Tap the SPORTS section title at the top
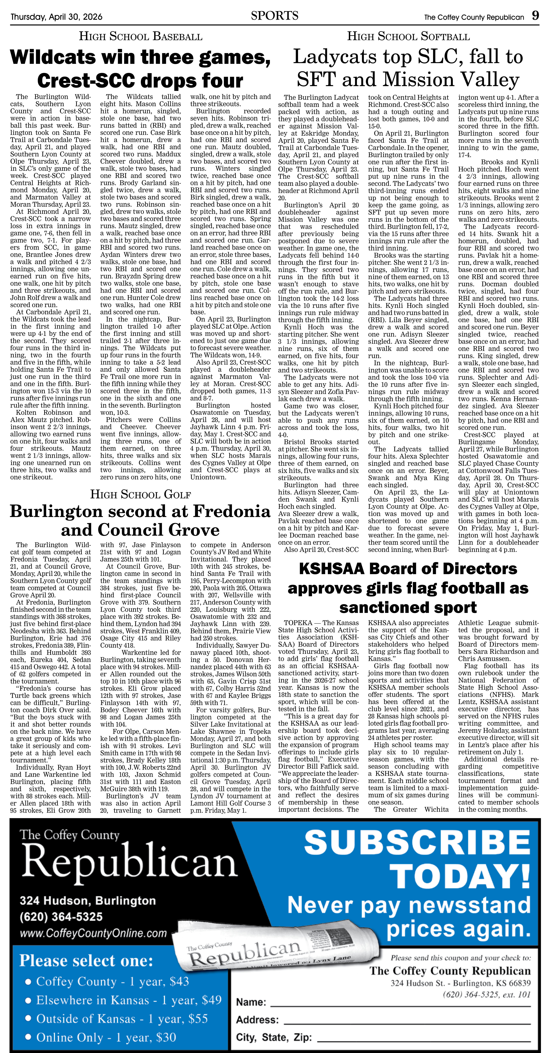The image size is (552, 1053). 275,16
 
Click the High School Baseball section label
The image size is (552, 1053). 140,37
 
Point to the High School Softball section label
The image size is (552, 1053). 408,37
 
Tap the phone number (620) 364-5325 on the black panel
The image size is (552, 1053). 61,917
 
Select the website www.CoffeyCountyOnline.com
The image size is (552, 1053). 93,933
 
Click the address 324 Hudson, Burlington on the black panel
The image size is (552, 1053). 88,901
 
